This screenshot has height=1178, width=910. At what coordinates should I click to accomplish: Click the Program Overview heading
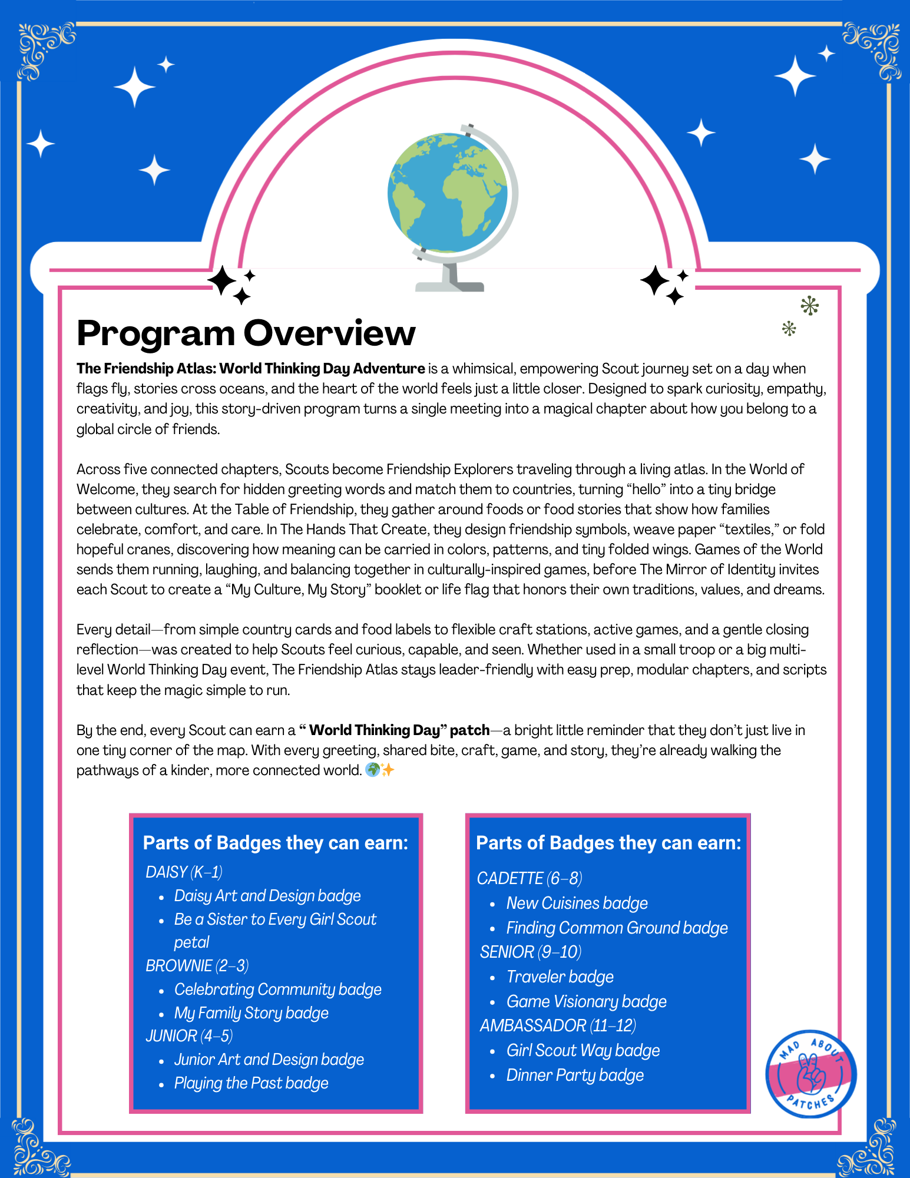246,333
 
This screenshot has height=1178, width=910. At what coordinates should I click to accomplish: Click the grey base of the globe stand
450,286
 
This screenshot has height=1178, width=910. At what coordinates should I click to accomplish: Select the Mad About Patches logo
810,1074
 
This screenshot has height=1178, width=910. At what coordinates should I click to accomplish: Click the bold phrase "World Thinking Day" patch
394,730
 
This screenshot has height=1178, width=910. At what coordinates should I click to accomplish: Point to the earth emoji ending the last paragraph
372,770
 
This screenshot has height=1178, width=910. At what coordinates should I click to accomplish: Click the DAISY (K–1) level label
184,872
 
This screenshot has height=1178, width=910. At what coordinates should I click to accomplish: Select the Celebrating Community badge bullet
277,989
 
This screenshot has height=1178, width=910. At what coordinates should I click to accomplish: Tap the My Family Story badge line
251,1012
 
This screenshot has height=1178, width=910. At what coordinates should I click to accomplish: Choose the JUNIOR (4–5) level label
189,1035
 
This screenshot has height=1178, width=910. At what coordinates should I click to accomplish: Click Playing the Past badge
251,1083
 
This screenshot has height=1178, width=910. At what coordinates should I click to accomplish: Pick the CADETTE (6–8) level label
530,878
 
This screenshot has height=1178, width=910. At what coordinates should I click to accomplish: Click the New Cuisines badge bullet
577,903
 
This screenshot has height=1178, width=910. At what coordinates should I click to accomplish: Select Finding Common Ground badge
617,928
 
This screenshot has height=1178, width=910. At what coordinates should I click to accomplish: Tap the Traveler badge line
560,977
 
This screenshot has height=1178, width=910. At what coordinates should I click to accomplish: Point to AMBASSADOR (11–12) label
557,1025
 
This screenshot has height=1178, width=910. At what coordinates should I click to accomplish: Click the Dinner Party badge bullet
575,1075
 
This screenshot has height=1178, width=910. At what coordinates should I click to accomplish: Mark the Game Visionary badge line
586,1001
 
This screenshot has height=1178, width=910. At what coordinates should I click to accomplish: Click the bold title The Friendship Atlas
250,369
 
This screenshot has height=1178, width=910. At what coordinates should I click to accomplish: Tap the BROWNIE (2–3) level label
197,965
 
